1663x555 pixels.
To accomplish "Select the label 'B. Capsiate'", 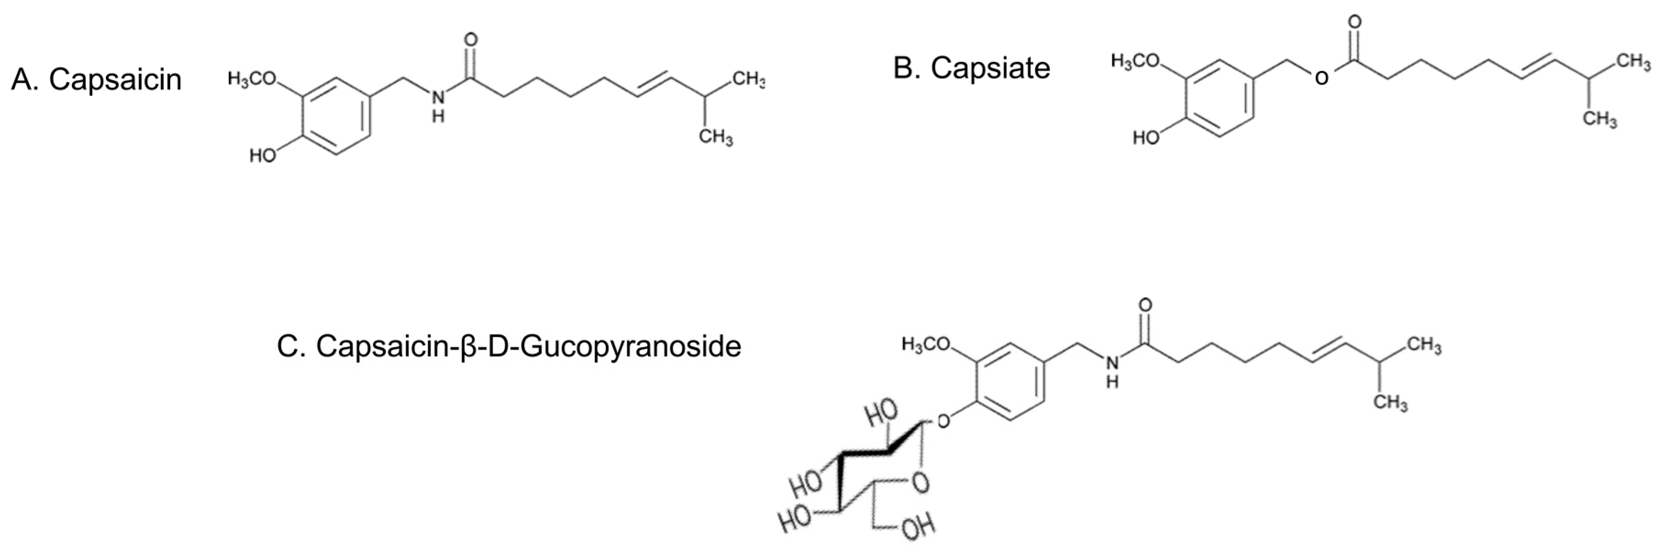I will [972, 68].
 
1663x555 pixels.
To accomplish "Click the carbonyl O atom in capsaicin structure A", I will [471, 40].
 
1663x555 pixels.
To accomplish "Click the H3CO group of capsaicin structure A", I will [252, 79].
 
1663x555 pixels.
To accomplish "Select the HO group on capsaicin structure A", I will [263, 156].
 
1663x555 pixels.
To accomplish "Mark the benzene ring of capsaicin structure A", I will [337, 117].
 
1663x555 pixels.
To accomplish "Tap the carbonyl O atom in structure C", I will [1145, 305].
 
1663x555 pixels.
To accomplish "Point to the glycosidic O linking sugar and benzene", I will [944, 422].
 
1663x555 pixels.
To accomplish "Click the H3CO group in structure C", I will [926, 344].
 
